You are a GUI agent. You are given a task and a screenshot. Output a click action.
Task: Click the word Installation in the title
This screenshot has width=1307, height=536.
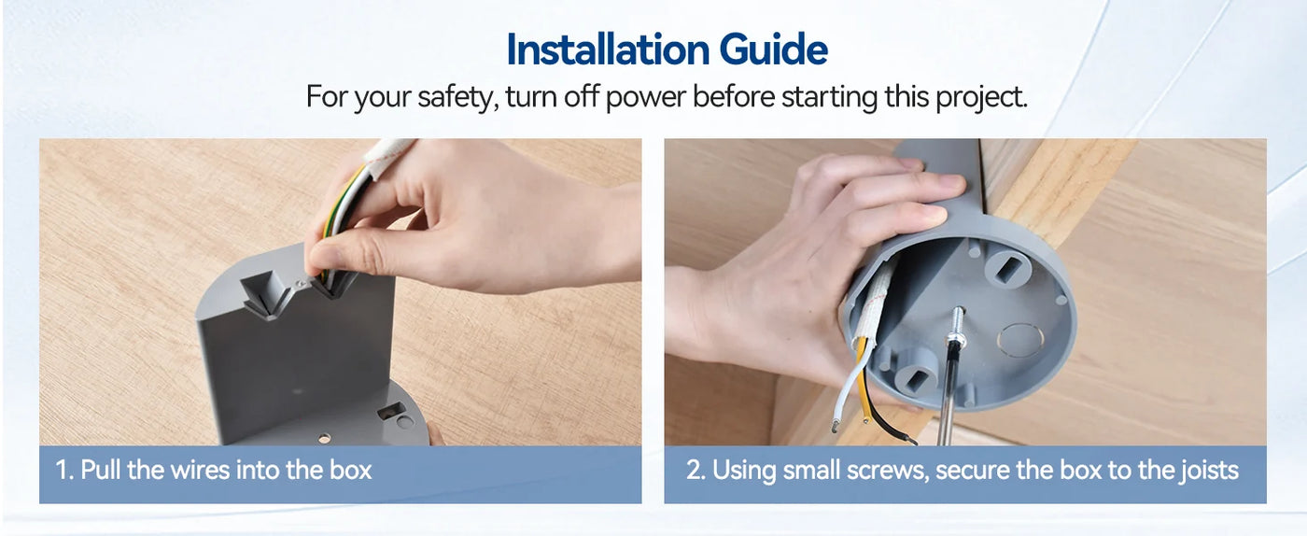coord(608,49)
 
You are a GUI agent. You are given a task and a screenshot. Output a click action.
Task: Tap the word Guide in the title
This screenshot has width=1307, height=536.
coord(774,50)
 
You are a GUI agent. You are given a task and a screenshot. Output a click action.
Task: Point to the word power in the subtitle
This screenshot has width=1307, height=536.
coord(645,98)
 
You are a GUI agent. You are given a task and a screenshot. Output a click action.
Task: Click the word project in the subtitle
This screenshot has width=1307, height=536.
coord(981,97)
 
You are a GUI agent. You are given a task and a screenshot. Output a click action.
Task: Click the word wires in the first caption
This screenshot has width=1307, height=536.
coord(200,470)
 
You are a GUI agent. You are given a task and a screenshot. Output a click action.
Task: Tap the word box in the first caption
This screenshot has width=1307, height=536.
coord(351,470)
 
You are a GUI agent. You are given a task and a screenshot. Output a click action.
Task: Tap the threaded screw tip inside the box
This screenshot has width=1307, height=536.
coord(956,322)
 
